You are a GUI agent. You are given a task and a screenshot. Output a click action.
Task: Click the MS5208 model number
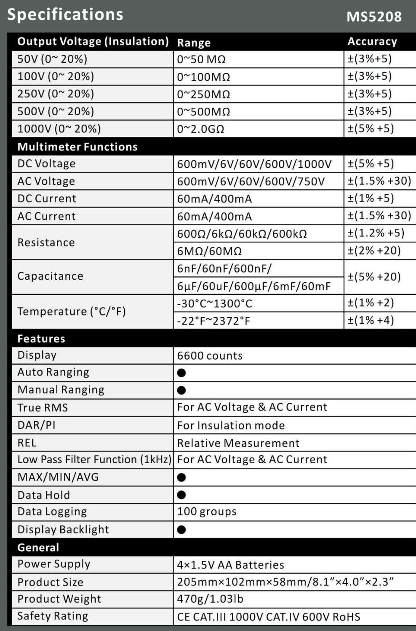pos(373,16)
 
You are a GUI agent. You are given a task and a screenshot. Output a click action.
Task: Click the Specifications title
pos(65,14)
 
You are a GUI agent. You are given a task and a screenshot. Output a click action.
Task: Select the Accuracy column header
pos(372,42)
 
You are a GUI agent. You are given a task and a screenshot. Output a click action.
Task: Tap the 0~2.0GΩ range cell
pos(200,129)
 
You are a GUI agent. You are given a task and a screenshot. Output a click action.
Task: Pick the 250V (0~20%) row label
pos(56,94)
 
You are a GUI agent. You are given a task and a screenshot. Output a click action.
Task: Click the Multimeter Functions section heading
pos(77,147)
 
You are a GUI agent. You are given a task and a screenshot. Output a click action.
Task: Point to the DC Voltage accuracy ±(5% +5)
pos(371,164)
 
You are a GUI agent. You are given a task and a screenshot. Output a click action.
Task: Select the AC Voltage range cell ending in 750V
pos(251,181)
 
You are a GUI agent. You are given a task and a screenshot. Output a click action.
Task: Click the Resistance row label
pos(46,242)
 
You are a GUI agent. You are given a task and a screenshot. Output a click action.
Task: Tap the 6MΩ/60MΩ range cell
pos(209,251)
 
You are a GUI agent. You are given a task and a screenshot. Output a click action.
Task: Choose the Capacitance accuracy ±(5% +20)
pos(374,277)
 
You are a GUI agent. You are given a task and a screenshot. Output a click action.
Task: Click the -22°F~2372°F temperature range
pos(213,321)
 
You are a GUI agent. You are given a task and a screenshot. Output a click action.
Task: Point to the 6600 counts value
pos(210,356)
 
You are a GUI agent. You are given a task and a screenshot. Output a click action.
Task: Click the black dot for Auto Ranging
pos(181,373)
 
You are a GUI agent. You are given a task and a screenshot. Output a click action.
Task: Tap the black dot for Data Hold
pos(181,495)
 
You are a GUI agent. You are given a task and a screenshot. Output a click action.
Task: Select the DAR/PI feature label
pos(36,425)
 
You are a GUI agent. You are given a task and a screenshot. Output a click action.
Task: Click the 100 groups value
pos(207,512)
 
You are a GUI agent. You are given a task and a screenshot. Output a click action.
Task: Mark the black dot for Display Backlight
pos(181,530)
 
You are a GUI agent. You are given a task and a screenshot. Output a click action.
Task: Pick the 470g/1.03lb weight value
pos(210,599)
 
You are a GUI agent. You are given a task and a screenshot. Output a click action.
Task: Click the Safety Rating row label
pos(53,616)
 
